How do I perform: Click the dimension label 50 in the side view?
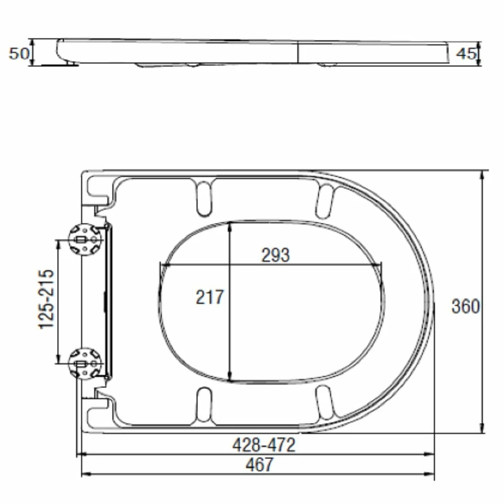coord(19,52)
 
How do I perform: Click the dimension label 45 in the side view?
coord(466,53)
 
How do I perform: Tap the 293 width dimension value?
coord(275,256)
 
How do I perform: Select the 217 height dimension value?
coord(209,297)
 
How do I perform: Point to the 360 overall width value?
coord(465,306)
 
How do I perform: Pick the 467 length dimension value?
coord(261,465)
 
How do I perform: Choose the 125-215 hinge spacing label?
coord(46,299)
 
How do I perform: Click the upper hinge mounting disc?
coord(85,239)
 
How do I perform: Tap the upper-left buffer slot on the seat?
coord(204,197)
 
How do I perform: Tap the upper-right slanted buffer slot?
coord(325,201)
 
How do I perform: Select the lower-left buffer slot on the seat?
coord(204,405)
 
